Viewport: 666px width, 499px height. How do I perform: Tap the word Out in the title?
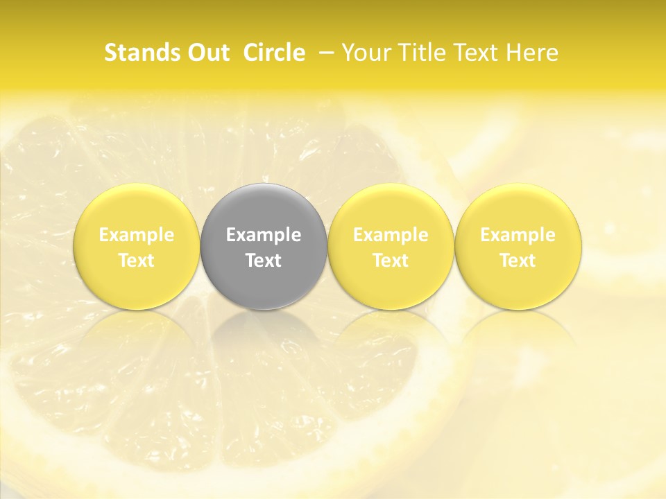(208, 53)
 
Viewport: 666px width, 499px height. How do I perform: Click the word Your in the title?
(363, 53)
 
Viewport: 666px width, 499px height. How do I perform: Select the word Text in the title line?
(472, 53)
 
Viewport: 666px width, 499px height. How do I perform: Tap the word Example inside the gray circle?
(264, 235)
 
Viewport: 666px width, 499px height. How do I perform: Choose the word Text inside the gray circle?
(264, 261)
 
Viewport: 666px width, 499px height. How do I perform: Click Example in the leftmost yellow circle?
(137, 235)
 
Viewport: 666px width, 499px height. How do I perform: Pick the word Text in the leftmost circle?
(137, 261)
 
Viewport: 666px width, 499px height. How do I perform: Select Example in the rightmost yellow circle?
(518, 235)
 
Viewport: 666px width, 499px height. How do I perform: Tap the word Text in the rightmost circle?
(518, 261)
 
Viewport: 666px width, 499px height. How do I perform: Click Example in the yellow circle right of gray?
(391, 235)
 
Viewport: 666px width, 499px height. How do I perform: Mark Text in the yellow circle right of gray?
(391, 261)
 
